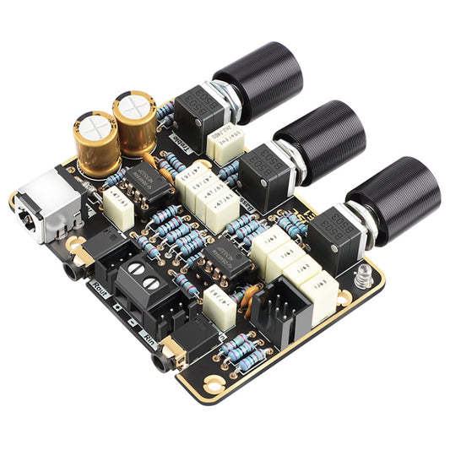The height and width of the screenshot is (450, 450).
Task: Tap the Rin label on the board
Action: point(149,338)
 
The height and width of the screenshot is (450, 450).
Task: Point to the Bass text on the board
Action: point(249,203)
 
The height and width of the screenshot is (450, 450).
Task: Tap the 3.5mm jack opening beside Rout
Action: point(68,272)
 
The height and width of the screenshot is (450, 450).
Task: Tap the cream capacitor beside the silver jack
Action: point(118,211)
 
